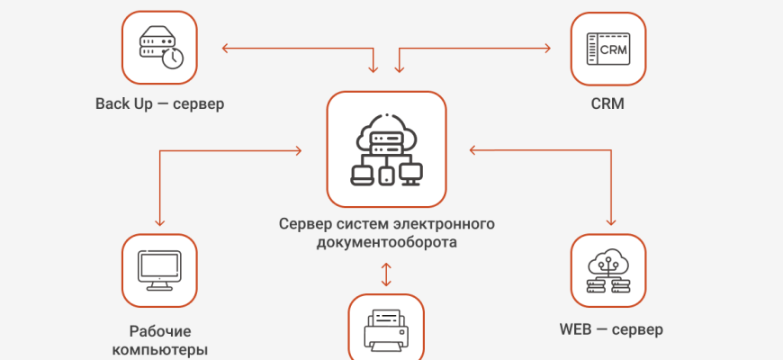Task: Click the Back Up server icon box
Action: tap(159, 46)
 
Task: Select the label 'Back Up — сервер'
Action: tap(159, 103)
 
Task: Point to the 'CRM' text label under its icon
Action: tap(607, 103)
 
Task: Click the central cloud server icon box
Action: tap(386, 149)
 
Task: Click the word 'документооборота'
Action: tap(386, 242)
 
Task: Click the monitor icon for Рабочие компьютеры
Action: tap(159, 271)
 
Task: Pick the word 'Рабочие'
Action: tap(160, 330)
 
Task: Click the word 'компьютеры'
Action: tap(160, 349)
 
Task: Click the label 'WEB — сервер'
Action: tap(611, 328)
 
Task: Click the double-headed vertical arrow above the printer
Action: tap(386, 274)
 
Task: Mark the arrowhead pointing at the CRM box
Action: tap(545, 46)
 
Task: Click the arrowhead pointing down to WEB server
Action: tap(612, 221)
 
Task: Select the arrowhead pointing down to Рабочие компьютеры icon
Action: tap(159, 221)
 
